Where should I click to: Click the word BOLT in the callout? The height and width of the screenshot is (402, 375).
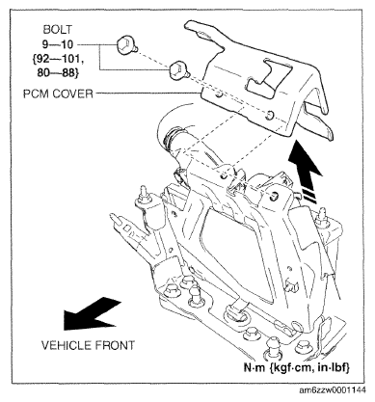tap(58, 30)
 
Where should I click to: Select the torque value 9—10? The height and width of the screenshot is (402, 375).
tap(58, 44)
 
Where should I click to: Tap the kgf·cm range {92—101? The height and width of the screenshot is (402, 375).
tap(57, 59)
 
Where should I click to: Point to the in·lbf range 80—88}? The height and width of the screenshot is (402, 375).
tap(58, 72)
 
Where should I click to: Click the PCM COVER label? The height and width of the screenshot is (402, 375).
tap(58, 94)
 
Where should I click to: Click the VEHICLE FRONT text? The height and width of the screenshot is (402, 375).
tap(88, 345)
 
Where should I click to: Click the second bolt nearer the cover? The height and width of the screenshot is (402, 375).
tap(178, 71)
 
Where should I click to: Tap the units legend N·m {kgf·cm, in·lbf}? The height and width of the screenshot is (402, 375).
tap(296, 367)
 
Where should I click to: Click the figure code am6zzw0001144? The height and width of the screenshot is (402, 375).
tap(332, 390)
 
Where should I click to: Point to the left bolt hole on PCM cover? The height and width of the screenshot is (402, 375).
tap(220, 95)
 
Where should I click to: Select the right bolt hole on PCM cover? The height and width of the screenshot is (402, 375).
tap(269, 115)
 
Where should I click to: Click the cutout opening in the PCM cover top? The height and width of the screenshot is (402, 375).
tap(269, 76)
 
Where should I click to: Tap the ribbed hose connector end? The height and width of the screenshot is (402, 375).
tap(171, 141)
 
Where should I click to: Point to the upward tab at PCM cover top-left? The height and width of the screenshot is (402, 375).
tap(201, 31)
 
